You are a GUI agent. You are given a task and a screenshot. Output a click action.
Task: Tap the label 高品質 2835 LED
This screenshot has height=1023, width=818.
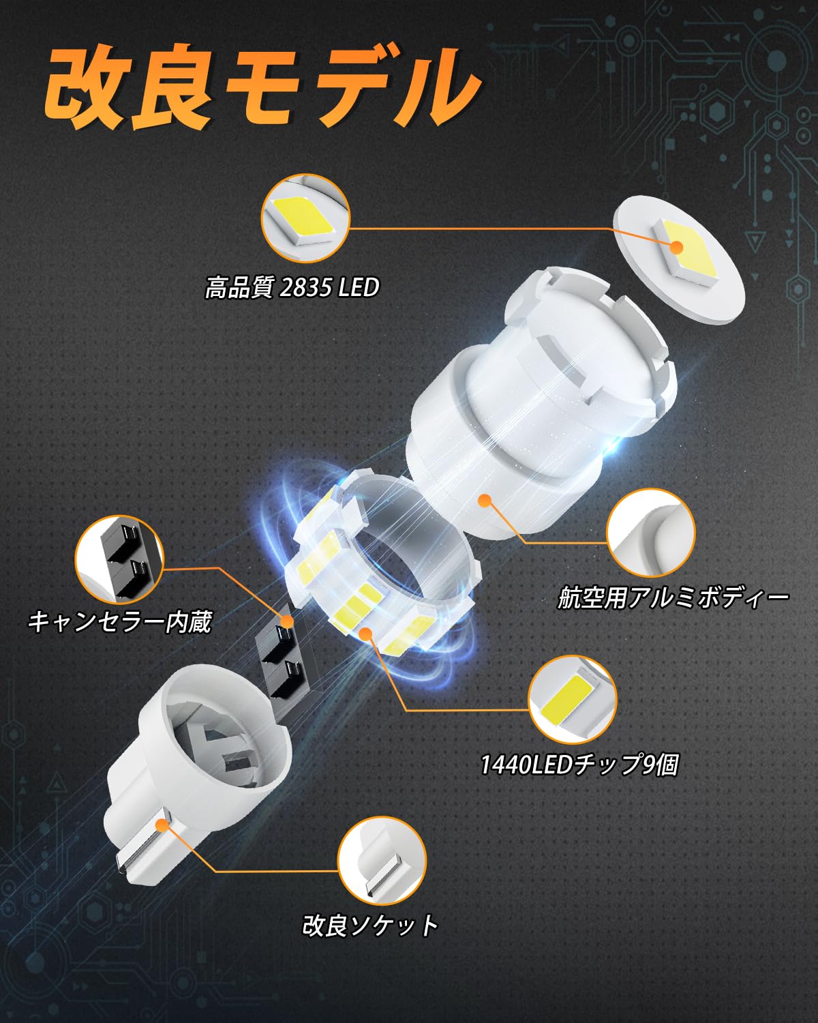coord(292,287)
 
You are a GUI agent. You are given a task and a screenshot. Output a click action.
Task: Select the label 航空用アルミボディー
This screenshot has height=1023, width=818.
coord(673,598)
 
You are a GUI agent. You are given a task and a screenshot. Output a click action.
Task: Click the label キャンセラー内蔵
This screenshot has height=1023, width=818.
coord(120,621)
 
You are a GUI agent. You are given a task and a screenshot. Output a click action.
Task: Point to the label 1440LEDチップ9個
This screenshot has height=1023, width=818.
coord(579,765)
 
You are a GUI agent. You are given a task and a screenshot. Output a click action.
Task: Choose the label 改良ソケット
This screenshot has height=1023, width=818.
coord(370,925)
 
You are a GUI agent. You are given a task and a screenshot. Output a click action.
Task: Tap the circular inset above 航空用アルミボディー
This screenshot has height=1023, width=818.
coord(650,533)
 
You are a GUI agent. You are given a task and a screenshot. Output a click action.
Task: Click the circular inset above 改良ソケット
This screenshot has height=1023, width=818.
coord(382,861)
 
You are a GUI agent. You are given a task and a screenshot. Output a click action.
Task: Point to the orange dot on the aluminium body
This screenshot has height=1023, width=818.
coord(485,501)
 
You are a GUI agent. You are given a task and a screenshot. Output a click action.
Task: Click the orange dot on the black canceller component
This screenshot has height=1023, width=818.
coord(287,621)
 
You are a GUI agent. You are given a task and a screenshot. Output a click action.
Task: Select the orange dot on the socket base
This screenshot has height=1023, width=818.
coord(162,825)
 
